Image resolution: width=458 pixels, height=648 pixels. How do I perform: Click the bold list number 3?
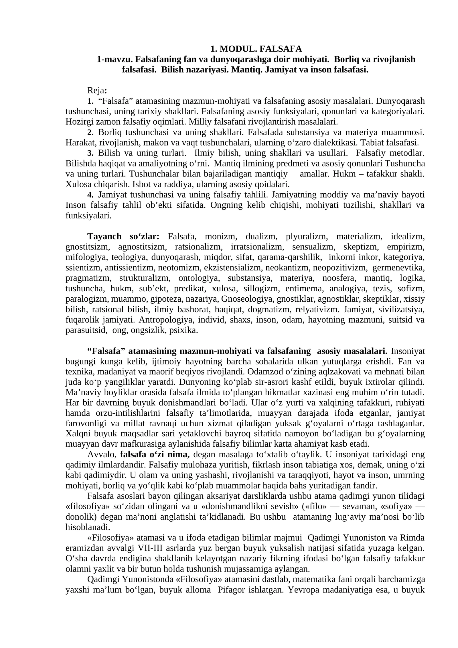(x=90, y=153)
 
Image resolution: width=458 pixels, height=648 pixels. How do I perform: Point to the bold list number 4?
(x=90, y=195)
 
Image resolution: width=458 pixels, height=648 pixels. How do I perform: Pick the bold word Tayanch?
(x=104, y=236)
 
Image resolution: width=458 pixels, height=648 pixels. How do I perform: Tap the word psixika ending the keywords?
(x=183, y=330)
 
